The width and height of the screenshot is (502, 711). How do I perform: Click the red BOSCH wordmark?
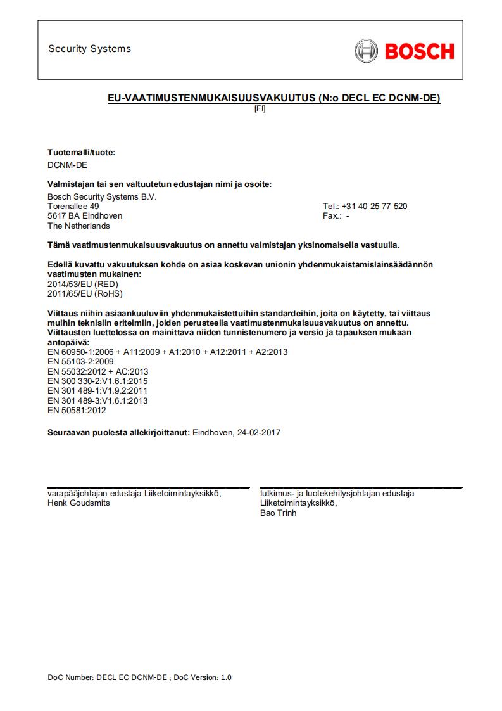pyautogui.click(x=419, y=51)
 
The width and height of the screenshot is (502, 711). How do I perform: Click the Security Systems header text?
pyautogui.click(x=89, y=49)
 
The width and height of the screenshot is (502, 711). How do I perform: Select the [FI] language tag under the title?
pyautogui.click(x=260, y=108)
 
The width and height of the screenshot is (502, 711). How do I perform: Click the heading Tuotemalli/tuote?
pyautogui.click(x=82, y=153)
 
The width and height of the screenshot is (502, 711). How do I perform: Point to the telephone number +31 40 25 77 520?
pyautogui.click(x=374, y=207)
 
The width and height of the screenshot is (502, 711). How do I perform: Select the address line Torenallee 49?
pyautogui.click(x=73, y=207)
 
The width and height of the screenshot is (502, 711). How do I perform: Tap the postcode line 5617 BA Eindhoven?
pyautogui.click(x=85, y=216)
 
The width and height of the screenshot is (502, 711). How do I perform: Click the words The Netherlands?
pyautogui.click(x=78, y=226)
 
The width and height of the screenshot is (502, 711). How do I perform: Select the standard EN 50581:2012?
pyautogui.click(x=77, y=411)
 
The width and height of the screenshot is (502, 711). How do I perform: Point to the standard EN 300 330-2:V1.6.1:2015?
pyautogui.click(x=97, y=381)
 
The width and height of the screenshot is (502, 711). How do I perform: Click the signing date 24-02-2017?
pyautogui.click(x=258, y=433)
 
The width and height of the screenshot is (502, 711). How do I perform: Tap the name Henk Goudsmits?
pyautogui.click(x=78, y=503)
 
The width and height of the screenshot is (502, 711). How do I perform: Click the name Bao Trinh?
pyautogui.click(x=278, y=513)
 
